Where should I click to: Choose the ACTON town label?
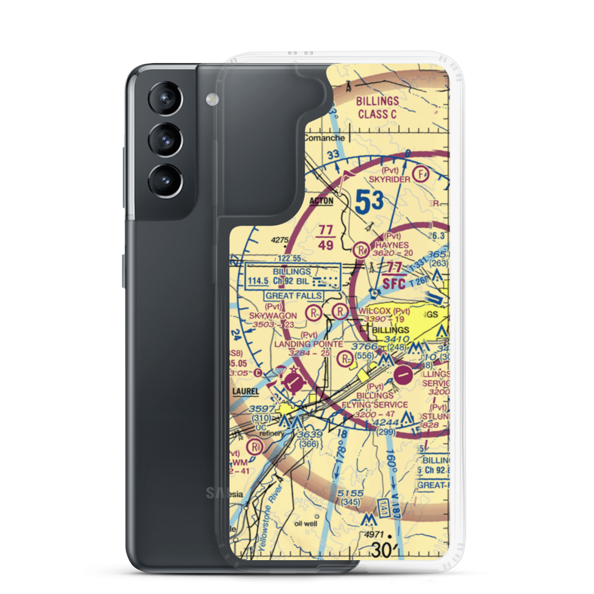pos(321,201)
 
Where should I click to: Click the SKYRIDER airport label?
pos(388,178)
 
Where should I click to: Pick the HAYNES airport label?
pos(391,245)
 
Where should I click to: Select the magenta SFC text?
pos(393,284)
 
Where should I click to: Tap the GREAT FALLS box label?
pos(294,295)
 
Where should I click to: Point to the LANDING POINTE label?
pos(308,344)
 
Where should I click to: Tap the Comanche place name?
pos(324,138)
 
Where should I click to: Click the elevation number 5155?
pos(349,492)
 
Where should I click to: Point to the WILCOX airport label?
pos(375,311)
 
